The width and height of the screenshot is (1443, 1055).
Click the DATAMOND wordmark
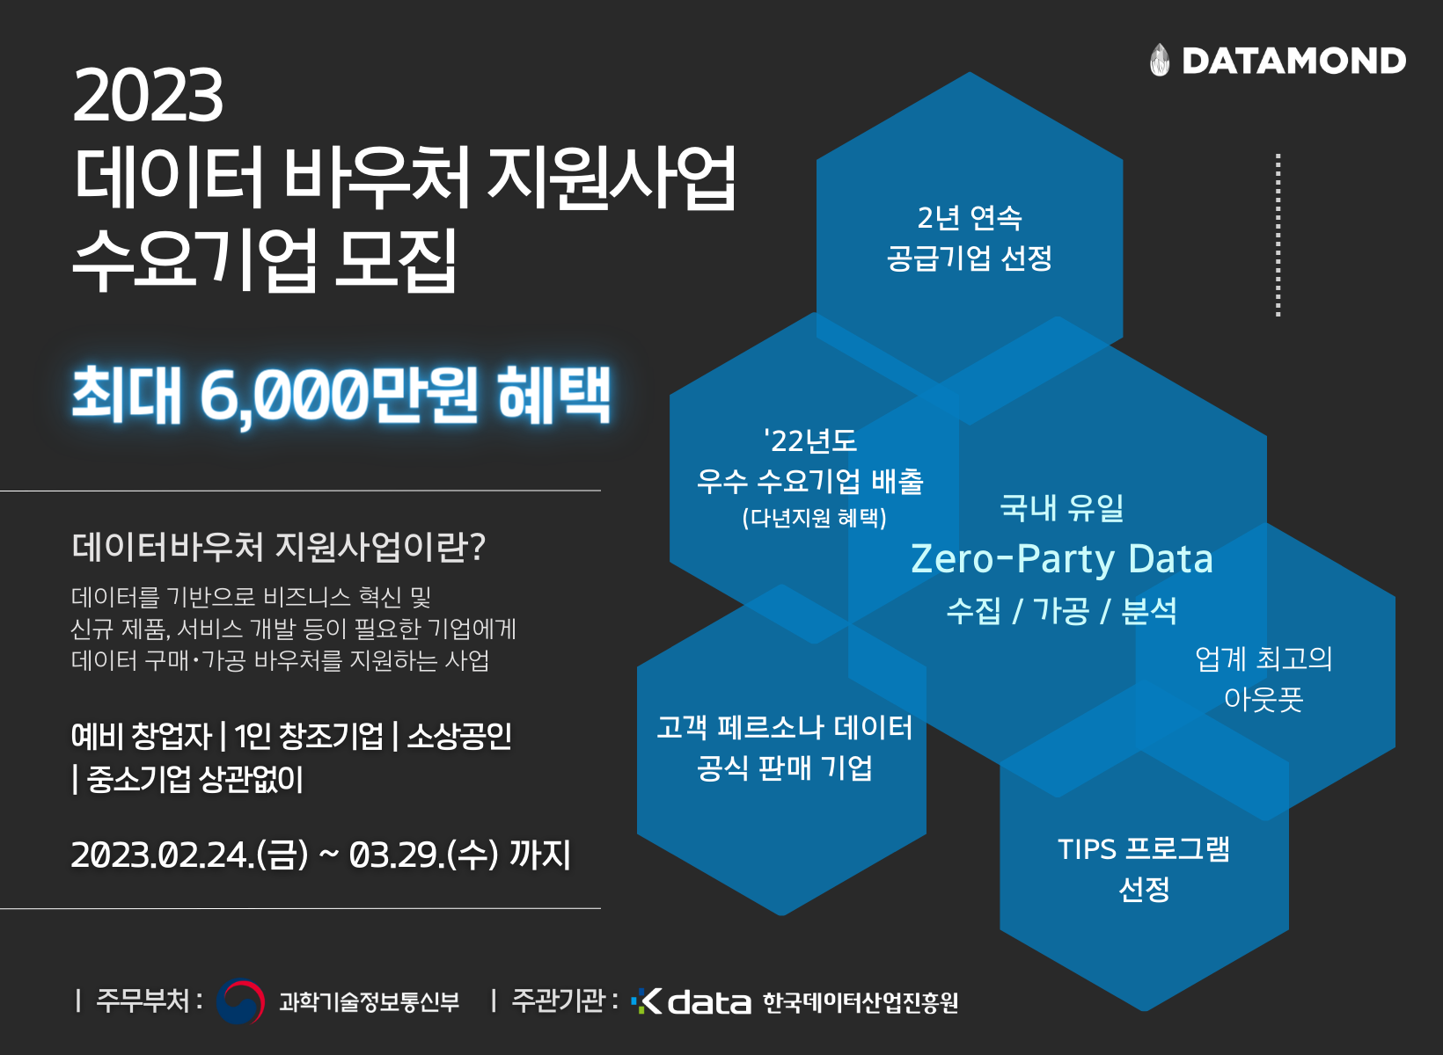pyautogui.click(x=1294, y=61)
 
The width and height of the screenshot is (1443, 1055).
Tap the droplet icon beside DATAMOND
pyautogui.click(x=1160, y=60)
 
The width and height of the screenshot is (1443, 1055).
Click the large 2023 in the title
pyautogui.click(x=148, y=95)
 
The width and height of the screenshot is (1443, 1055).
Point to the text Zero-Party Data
pyautogui.click(x=1062, y=558)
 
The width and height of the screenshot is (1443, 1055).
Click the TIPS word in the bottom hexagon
pyautogui.click(x=1087, y=849)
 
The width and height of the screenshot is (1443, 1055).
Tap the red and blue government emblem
pyautogui.click(x=239, y=1001)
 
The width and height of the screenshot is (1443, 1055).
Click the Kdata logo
pyautogui.click(x=692, y=1001)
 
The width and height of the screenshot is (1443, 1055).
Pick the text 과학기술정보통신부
pyautogui.click(x=370, y=1001)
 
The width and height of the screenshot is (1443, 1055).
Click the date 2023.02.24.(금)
pyautogui.click(x=190, y=855)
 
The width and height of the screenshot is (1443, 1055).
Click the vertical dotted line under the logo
pyautogui.click(x=1278, y=235)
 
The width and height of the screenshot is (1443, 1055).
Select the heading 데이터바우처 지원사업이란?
pyautogui.click(x=278, y=547)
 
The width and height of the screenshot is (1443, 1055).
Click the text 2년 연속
pyautogui.click(x=970, y=217)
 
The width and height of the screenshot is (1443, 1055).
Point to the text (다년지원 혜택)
pyautogui.click(x=814, y=518)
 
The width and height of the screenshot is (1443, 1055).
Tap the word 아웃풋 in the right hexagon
pyautogui.click(x=1264, y=699)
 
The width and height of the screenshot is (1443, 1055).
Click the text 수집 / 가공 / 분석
pyautogui.click(x=1062, y=610)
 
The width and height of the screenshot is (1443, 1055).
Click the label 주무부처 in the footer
pyautogui.click(x=143, y=1000)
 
